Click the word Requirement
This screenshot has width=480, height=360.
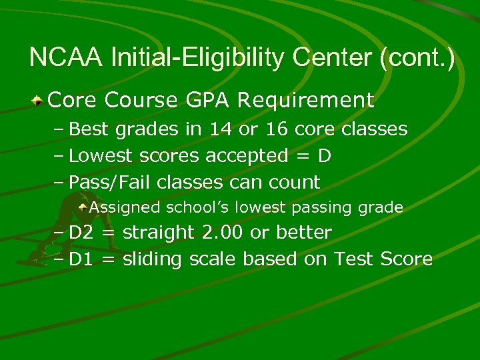pyautogui.click(x=305, y=101)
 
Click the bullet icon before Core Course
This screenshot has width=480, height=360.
pyautogui.click(x=39, y=101)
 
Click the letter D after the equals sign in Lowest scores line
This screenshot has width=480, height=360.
pyautogui.click(x=325, y=155)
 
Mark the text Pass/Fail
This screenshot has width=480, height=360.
pyautogui.click(x=106, y=182)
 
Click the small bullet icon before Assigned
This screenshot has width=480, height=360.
pyautogui.click(x=82, y=207)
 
